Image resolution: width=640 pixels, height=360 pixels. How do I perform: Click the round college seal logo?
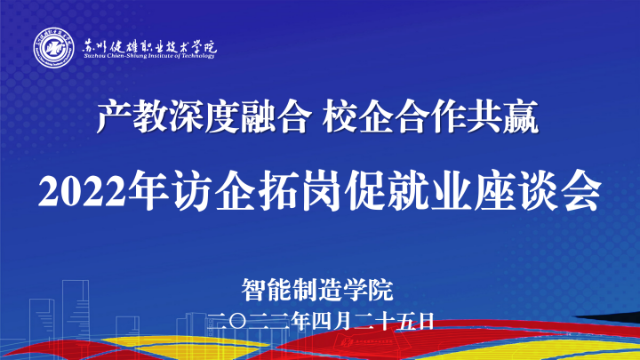pos(54,48)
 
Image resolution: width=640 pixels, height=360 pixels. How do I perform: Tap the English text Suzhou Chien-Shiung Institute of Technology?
pos(149,56)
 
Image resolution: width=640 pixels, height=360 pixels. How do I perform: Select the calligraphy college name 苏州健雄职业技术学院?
pos(149,46)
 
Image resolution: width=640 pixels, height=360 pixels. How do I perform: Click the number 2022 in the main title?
pos(82,191)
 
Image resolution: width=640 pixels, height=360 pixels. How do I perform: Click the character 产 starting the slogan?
pos(114,117)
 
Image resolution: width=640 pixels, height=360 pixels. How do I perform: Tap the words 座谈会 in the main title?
pos(537,191)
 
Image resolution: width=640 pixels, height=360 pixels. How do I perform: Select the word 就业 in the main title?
pos(428,191)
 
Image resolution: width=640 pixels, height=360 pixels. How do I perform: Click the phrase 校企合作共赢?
pos(430,117)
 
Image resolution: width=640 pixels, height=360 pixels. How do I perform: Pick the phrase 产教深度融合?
pos(202,117)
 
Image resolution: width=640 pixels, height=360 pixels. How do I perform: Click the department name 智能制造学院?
pos(317,290)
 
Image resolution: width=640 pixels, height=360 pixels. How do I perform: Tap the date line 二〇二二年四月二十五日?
pos(320,322)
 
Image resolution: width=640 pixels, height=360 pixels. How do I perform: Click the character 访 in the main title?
pos(192,191)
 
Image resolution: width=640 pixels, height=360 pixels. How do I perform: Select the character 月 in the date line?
pos(343,322)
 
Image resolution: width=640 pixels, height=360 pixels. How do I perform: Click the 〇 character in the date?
pos(238,322)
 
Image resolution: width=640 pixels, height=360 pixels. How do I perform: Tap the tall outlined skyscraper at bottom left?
pos(76,311)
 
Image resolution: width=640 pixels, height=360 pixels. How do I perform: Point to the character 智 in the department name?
pos(254,290)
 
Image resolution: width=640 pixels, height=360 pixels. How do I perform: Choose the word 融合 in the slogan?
pos(273,117)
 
